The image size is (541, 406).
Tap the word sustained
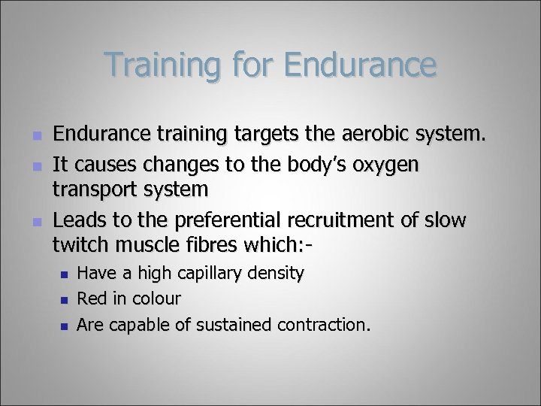click(235, 324)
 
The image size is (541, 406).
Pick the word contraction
click(324, 324)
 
